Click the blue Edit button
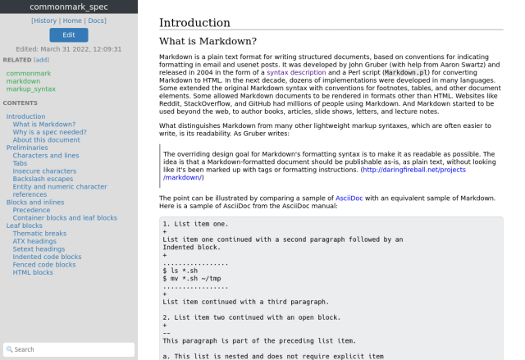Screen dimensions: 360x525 (x=68, y=34)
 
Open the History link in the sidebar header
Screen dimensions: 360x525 (x=45, y=21)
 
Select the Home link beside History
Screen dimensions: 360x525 (x=71, y=21)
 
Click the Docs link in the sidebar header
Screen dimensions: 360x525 (x=96, y=21)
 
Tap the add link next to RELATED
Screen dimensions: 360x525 (x=41, y=60)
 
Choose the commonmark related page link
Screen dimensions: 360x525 (x=29, y=73)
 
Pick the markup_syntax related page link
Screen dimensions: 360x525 (x=31, y=89)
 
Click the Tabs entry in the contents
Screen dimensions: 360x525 (x=20, y=163)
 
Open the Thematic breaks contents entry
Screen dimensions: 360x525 (x=39, y=234)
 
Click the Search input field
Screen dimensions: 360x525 (x=68, y=349)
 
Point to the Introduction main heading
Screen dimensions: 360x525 (x=194, y=23)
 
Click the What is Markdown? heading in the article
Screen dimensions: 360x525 (x=208, y=41)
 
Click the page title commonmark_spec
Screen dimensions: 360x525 (x=68, y=7)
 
